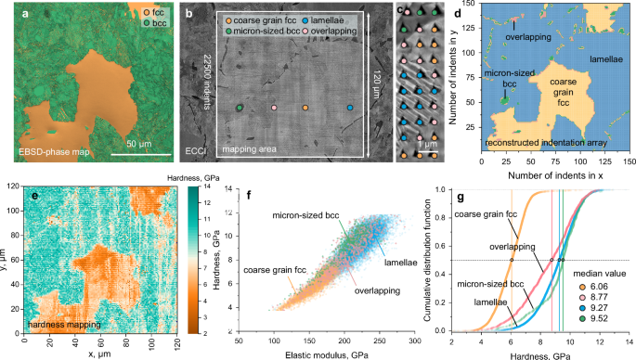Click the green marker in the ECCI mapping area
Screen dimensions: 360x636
(x=240, y=109)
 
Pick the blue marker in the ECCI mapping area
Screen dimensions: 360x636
(x=349, y=109)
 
